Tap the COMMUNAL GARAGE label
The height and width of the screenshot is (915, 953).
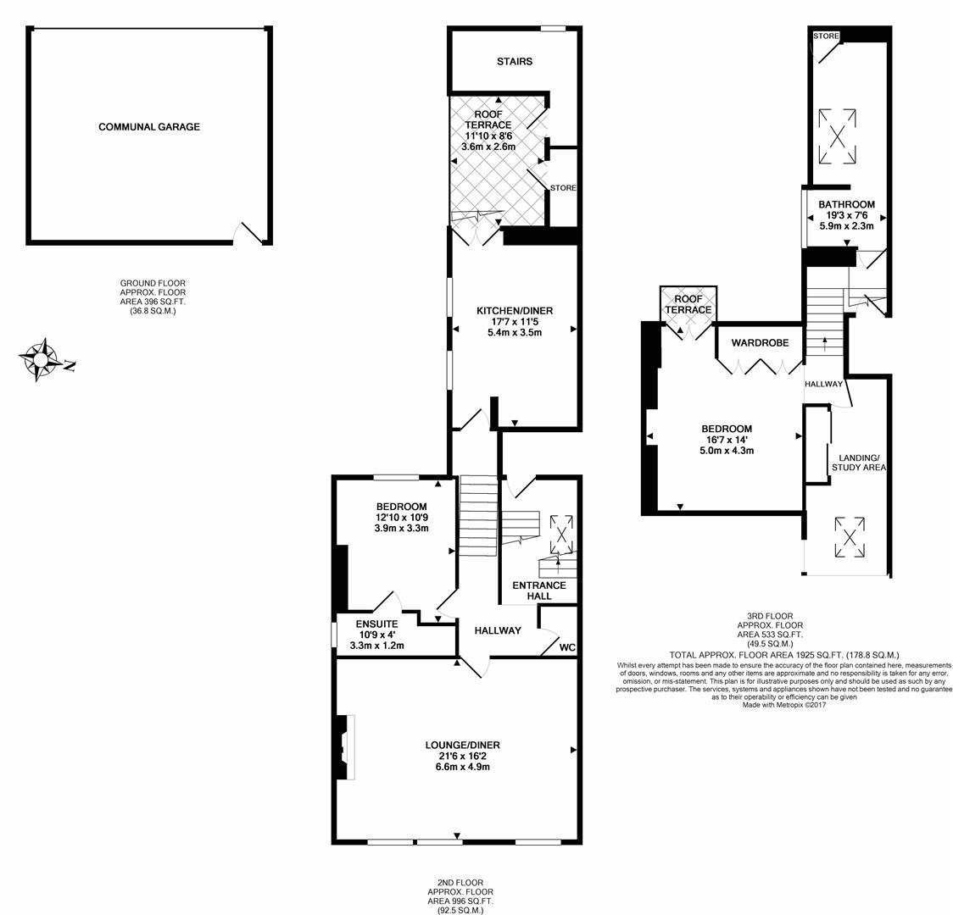pos(149,127)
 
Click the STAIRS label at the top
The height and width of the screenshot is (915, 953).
pos(515,61)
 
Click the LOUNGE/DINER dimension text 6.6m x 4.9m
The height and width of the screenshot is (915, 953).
pos(462,767)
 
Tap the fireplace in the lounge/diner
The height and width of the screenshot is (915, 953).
pos(346,746)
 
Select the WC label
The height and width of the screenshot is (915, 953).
pos(567,647)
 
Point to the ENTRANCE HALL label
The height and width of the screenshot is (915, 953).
pos(538,591)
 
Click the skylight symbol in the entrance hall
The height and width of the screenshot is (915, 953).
pos(561,534)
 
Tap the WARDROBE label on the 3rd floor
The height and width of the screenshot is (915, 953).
pos(760,343)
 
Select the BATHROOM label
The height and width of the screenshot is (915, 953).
pos(845,204)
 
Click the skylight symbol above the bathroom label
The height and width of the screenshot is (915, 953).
pos(837,136)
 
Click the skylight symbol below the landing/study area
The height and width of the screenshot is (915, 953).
pos(847,535)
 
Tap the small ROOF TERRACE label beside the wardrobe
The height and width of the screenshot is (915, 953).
pos(688,305)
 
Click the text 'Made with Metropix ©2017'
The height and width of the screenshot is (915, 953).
pos(783,704)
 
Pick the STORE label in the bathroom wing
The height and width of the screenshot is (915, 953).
pos(826,36)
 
